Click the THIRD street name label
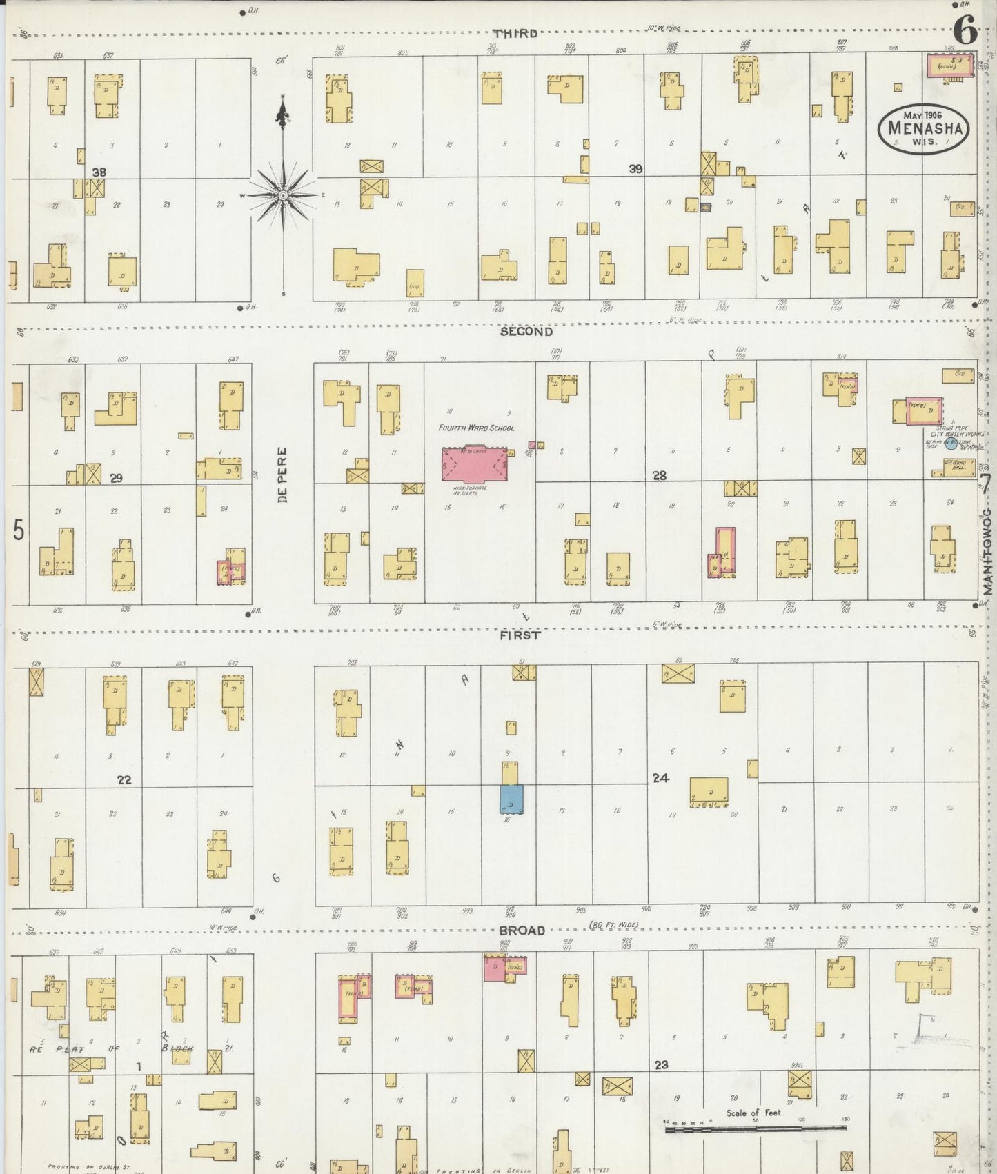(x=515, y=33)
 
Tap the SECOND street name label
(x=526, y=332)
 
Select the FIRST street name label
(x=520, y=636)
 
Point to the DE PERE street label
(x=283, y=475)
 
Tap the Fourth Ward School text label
(x=476, y=428)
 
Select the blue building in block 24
(x=511, y=799)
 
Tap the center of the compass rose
(x=283, y=196)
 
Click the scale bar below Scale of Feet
(x=754, y=1128)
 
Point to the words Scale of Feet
(x=753, y=1113)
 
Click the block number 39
(x=635, y=169)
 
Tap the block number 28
(x=660, y=476)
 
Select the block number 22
(x=124, y=780)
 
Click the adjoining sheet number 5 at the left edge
(x=19, y=530)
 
